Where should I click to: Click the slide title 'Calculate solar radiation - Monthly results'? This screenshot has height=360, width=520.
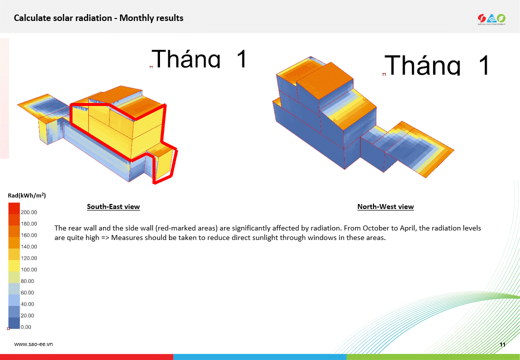pyautogui.click(x=98, y=18)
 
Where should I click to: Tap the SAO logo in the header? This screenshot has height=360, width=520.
pyautogui.click(x=491, y=19)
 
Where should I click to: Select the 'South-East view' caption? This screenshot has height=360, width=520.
pyautogui.click(x=113, y=206)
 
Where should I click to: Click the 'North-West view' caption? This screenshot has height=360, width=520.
pyautogui.click(x=385, y=206)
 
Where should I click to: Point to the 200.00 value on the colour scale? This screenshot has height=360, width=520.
pyautogui.click(x=29, y=212)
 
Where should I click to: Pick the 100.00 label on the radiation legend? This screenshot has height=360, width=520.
pyautogui.click(x=29, y=269)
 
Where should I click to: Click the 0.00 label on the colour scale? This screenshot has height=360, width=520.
pyautogui.click(x=26, y=327)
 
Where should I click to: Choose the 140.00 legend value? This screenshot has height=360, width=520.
pyautogui.click(x=29, y=246)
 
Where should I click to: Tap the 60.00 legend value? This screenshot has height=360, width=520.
pyautogui.click(x=27, y=292)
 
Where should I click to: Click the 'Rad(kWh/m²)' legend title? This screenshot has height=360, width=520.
pyautogui.click(x=27, y=195)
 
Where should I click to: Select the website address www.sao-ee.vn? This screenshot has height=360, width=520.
pyautogui.click(x=33, y=344)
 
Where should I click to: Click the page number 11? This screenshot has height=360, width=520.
pyautogui.click(x=502, y=344)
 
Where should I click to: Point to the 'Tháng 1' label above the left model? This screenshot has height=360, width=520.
pyautogui.click(x=199, y=58)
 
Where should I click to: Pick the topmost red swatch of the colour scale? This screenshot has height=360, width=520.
pyautogui.click(x=14, y=209)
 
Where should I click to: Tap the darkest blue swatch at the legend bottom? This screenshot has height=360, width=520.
pyautogui.click(x=14, y=323)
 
